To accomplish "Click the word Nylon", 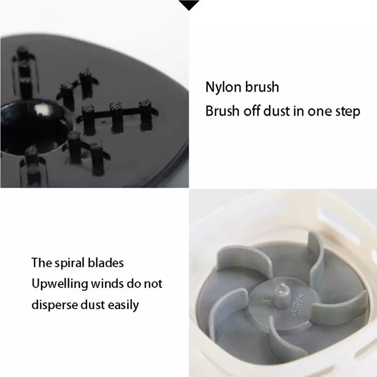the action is [223, 88].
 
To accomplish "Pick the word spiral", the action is [70, 263].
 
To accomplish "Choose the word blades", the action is [106, 262].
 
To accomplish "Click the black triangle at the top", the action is [189, 5].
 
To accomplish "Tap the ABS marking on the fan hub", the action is [298, 305].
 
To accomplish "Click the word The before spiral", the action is [41, 262].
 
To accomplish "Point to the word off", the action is [252, 111].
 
